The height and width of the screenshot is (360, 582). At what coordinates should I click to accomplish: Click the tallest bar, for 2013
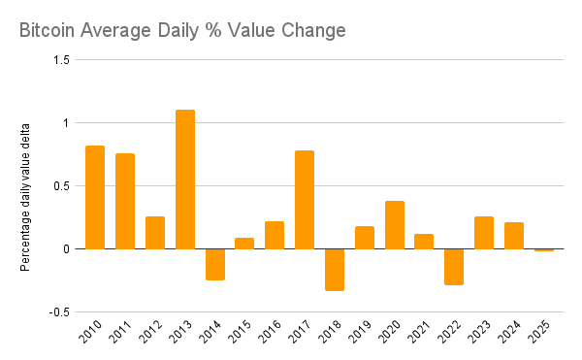coord(184,180)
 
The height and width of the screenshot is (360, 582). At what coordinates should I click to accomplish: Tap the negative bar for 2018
coord(334,269)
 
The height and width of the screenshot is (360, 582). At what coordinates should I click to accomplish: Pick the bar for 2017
coord(305,200)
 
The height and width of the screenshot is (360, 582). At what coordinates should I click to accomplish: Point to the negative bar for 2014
coord(214,264)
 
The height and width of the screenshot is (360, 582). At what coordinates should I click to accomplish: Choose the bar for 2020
coord(394,225)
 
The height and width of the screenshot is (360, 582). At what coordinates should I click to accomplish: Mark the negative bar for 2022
coord(454,267)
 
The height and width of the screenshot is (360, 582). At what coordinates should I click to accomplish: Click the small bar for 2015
coord(244,244)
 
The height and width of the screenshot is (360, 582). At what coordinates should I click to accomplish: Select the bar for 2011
coord(125,201)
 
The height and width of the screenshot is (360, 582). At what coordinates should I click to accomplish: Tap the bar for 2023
coord(484,233)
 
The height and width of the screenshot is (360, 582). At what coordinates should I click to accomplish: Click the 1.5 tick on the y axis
coord(61,60)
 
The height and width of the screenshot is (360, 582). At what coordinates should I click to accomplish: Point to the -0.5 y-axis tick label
coord(60,312)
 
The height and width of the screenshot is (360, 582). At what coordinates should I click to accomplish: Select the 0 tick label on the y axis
coord(66,249)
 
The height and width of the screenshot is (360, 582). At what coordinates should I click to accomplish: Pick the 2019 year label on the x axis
coord(363,336)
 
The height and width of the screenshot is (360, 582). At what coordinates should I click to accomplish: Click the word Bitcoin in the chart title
coord(49,31)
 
